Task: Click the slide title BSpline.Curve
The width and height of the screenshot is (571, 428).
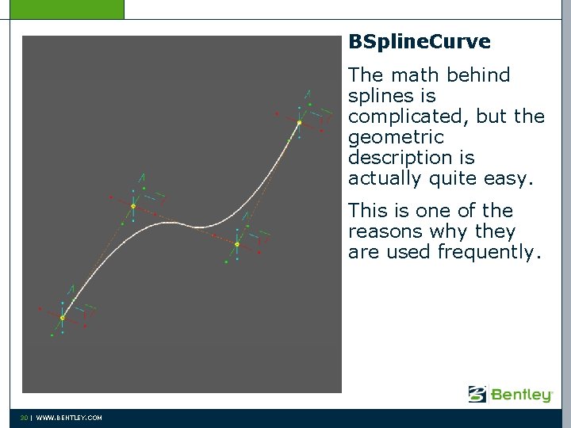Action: (x=419, y=42)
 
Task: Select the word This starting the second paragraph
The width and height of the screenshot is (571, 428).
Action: (x=367, y=211)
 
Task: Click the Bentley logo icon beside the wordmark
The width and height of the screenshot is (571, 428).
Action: (x=477, y=394)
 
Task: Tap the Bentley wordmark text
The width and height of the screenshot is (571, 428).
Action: (x=521, y=394)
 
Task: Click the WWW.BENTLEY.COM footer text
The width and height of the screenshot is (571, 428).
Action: (x=68, y=418)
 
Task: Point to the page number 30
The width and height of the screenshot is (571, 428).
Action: (x=24, y=418)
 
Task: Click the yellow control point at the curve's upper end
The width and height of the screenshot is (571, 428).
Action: (x=299, y=123)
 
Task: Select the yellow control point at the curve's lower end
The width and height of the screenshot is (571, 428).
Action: (x=63, y=318)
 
